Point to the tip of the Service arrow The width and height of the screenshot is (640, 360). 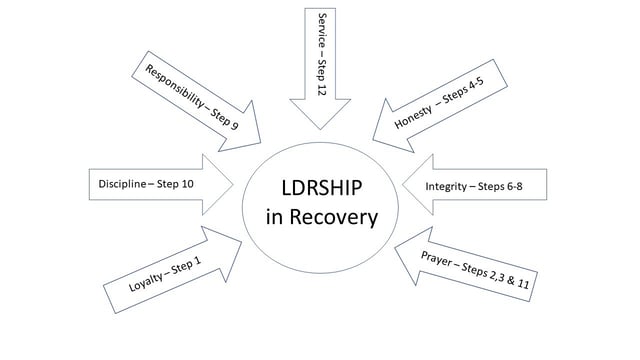[321, 129]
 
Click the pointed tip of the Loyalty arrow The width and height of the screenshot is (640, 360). [242, 238]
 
